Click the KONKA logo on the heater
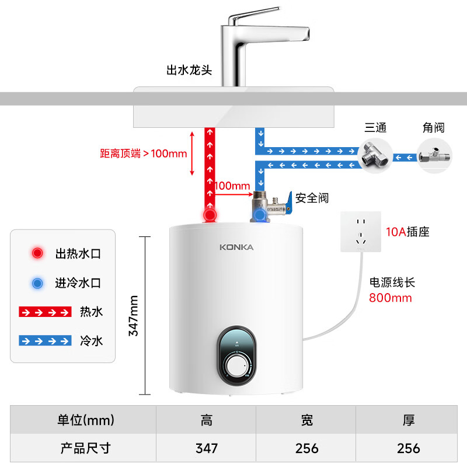(x=236, y=247)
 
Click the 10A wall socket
(x=361, y=232)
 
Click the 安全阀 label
(x=312, y=198)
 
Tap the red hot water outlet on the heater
(x=210, y=215)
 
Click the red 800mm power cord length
(x=390, y=298)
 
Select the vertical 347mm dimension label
(x=134, y=315)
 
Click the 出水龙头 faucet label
(x=189, y=70)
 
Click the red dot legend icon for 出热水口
(x=38, y=253)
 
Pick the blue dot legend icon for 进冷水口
(x=38, y=283)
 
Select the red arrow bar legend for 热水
(x=45, y=312)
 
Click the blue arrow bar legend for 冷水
(x=45, y=340)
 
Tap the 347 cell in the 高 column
(x=207, y=448)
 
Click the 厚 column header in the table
(x=409, y=420)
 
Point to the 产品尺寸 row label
(x=86, y=448)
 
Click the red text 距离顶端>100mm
(x=144, y=154)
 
